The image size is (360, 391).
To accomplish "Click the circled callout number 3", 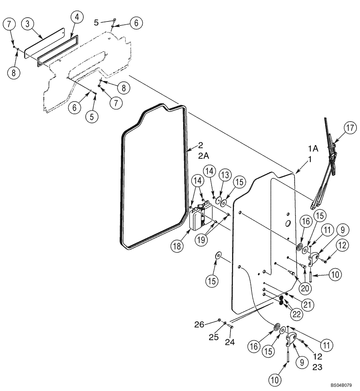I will click(27, 23).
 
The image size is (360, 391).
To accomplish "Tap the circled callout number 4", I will click(77, 18).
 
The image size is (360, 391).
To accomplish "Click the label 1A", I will click(313, 149).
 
